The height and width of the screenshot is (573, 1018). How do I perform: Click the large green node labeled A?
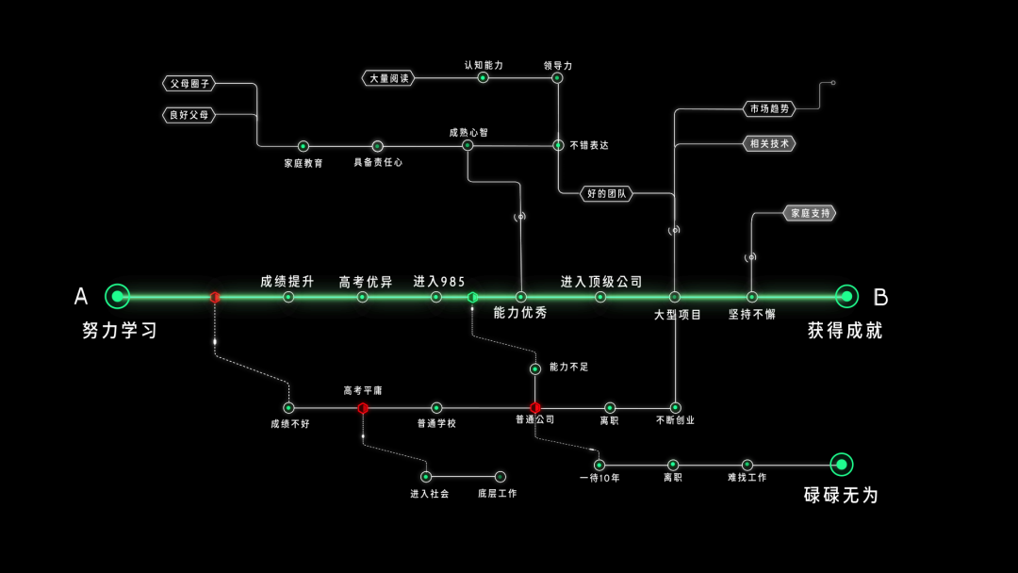117,296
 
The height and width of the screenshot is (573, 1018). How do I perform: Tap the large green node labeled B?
846,296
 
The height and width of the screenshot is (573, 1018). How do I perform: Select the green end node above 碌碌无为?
841,464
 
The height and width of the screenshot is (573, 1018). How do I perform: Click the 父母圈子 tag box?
189,83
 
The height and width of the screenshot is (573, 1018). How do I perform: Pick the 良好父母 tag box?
189,115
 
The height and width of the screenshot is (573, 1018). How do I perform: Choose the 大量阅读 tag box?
388,78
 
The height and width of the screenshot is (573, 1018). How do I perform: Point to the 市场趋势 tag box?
769,108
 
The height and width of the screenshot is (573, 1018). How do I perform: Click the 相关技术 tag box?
769,143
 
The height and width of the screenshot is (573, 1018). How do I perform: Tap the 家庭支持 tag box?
810,213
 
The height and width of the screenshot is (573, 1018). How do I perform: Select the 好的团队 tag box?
607,193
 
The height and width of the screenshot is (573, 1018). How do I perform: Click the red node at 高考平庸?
363,408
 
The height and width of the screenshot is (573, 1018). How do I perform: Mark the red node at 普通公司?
535,408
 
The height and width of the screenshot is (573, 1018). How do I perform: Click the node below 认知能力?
483,77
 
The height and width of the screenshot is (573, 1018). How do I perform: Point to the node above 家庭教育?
304,146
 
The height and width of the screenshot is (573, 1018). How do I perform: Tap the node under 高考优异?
363,297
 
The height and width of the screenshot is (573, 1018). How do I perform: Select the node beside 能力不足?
535,368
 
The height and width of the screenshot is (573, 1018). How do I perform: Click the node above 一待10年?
599,465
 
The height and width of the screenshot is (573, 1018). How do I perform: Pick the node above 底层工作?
500,477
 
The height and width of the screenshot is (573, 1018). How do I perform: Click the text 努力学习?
120,331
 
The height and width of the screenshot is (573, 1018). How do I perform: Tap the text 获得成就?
846,331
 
